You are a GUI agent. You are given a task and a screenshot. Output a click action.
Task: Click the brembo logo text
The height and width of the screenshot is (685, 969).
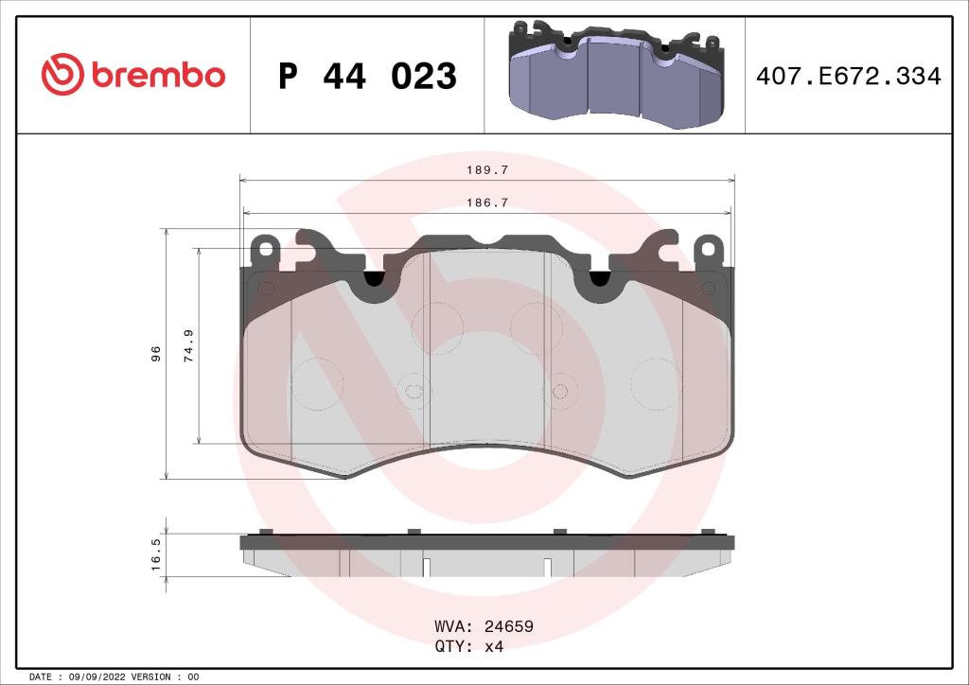pyautogui.click(x=158, y=75)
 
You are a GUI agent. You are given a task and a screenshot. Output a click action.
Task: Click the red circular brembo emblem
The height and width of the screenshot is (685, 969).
pyautogui.click(x=62, y=74)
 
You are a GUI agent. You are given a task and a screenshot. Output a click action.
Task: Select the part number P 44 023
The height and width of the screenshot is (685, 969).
pyautogui.click(x=367, y=76)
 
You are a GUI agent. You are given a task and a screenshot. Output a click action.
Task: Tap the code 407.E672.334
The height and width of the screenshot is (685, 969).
pyautogui.click(x=847, y=77)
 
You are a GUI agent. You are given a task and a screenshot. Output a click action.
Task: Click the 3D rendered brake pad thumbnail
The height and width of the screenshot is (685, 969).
pyautogui.click(x=615, y=75)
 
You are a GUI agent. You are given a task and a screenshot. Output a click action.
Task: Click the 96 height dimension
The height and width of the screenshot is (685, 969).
pyautogui.click(x=156, y=353)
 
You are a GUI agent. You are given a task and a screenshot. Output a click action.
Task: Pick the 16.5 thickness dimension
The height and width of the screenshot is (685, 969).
pyautogui.click(x=156, y=553)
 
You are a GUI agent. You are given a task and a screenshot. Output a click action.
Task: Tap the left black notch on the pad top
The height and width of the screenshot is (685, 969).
pyautogui.click(x=375, y=278)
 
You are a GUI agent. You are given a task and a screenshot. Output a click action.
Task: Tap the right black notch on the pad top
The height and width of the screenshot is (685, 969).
pyautogui.click(x=600, y=278)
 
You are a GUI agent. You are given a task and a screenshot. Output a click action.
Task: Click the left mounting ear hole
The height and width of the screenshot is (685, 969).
pyautogui.click(x=266, y=251)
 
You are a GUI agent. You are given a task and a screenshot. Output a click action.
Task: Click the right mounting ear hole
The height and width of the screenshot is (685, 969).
pyautogui.click(x=707, y=251)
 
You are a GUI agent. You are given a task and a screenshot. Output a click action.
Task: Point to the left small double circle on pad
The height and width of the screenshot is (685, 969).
pyautogui.click(x=413, y=390)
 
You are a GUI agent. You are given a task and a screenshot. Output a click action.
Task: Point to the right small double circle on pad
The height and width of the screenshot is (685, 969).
pyautogui.click(x=559, y=390)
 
